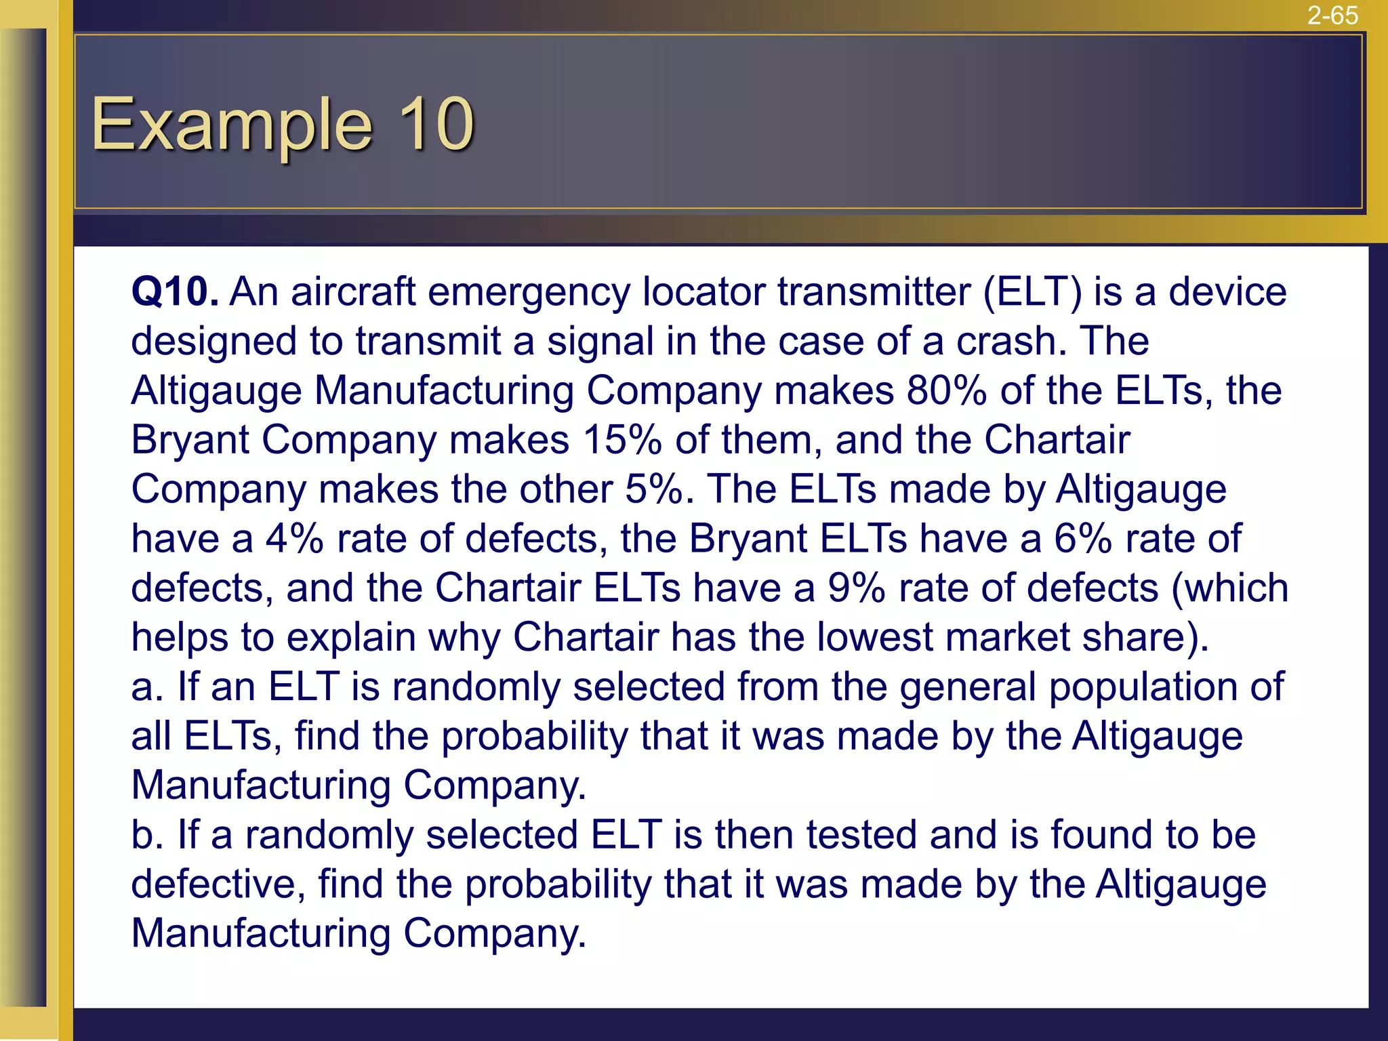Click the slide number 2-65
1332,15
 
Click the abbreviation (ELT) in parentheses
1033,292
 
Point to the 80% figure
946,391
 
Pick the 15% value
621,441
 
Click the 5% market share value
654,489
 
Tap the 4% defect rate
294,539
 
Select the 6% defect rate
1082,539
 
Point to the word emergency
529,293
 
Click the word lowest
875,638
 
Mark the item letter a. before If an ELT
147,687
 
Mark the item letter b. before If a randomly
147,835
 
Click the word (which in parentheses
1230,588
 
